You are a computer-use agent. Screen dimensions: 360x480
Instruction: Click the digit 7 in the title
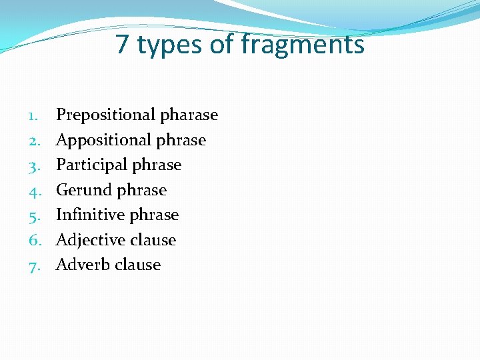pos(122,45)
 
